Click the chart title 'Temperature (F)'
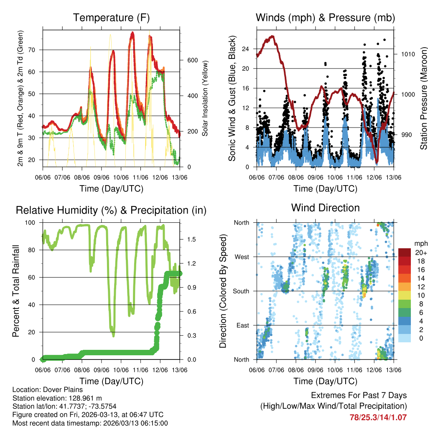point(111,18)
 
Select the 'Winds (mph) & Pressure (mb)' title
point(325,18)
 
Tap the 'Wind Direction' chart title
point(325,208)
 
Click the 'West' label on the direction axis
point(241,257)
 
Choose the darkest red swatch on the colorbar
point(405,252)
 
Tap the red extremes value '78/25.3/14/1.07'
point(378,417)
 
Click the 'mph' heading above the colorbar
point(420,244)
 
